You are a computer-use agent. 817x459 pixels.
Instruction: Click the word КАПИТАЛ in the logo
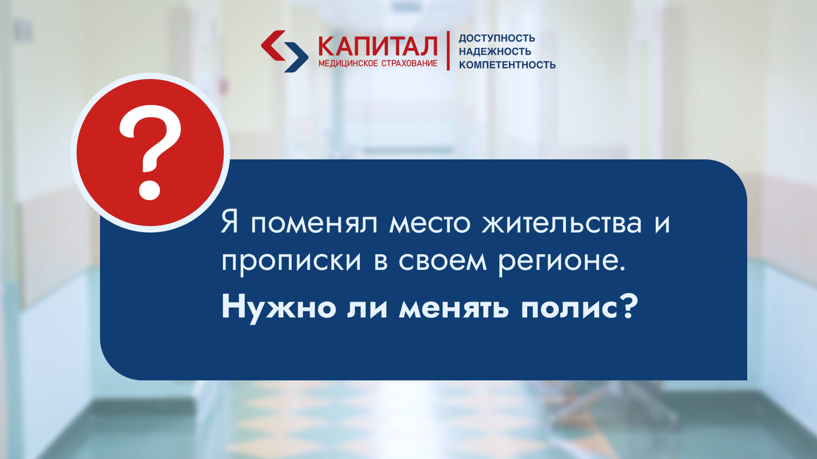coord(377,46)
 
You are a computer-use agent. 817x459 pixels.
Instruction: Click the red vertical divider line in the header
coord(448,51)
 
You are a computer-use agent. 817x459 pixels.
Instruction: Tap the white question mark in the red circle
coord(150,152)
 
